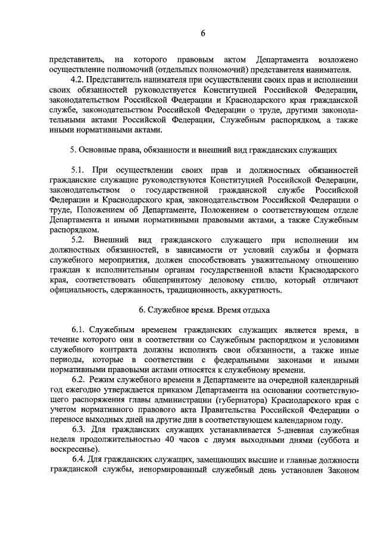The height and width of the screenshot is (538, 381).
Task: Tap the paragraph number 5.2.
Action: (78, 239)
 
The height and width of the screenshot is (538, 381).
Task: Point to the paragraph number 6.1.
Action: (78, 330)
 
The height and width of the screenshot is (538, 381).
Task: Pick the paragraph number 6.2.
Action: (78, 379)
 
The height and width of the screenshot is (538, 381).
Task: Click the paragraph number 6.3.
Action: (78, 429)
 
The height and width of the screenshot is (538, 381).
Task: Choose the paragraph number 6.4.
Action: (78, 459)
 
